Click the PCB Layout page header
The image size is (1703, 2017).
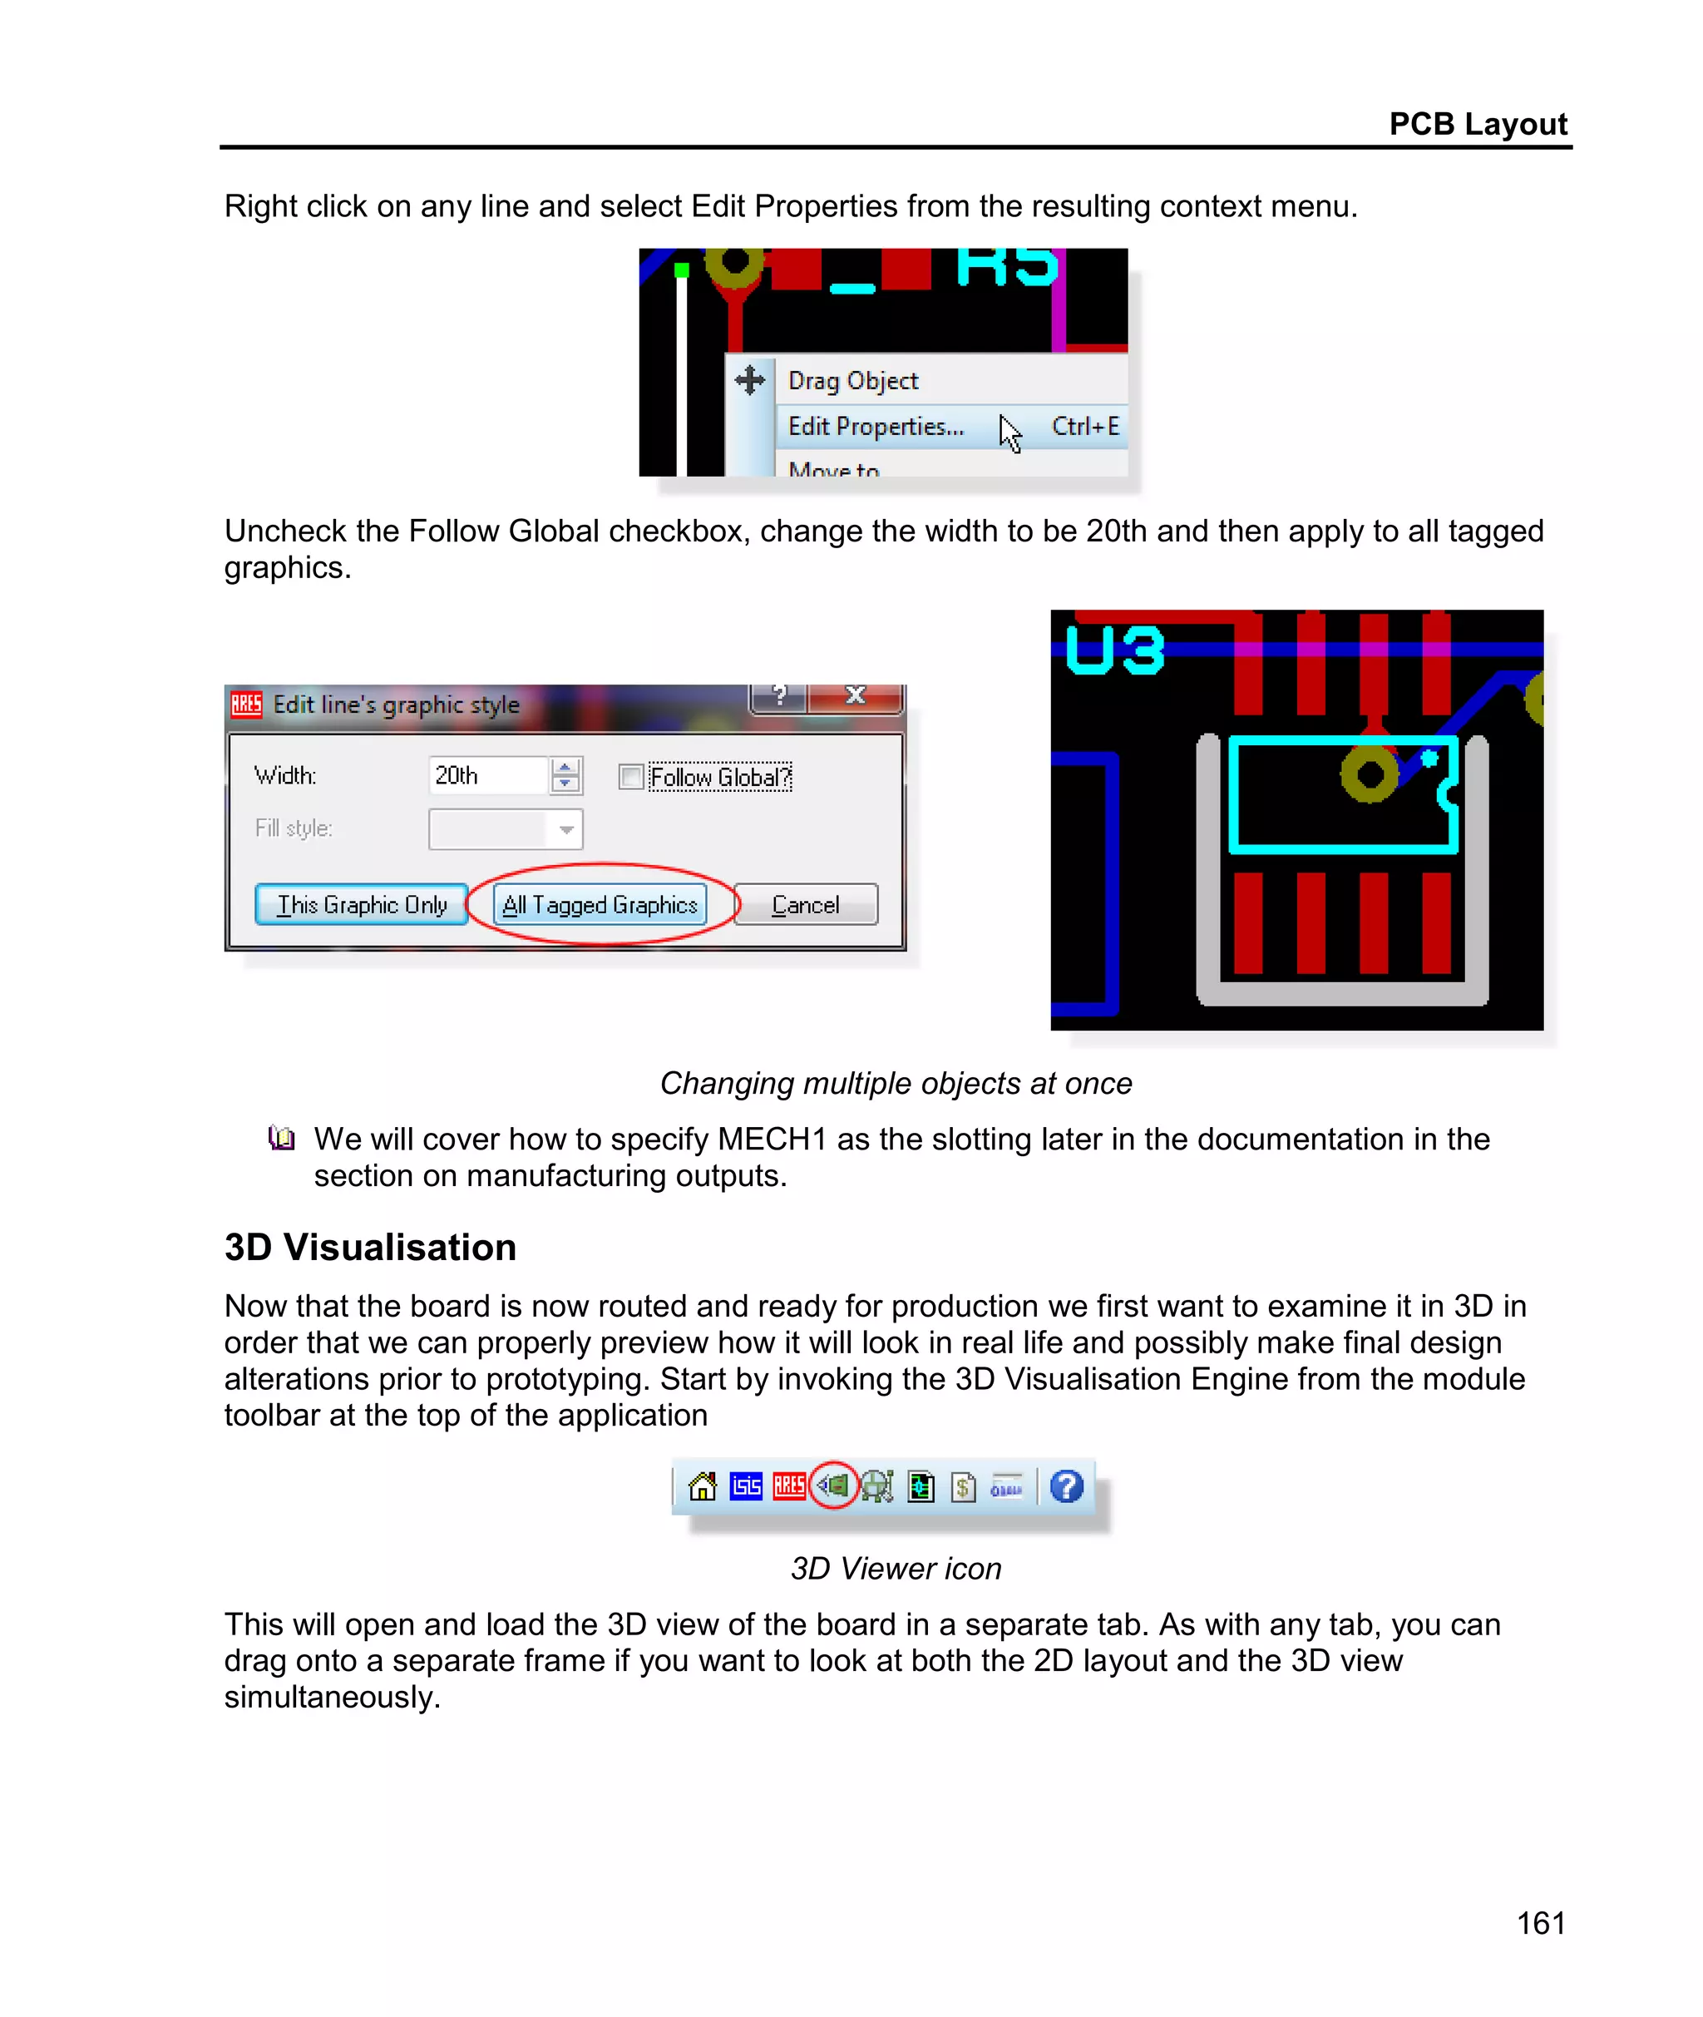[1476, 124]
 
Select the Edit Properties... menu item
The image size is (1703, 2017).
[876, 427]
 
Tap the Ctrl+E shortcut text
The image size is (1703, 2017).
[1085, 427]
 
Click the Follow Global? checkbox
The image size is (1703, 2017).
[631, 776]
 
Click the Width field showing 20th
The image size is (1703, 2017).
[486, 775]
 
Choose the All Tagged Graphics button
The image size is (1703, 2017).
[600, 905]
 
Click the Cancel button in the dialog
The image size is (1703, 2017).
[805, 905]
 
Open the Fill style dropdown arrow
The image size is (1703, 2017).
[565, 829]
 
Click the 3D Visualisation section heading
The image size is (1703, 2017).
[370, 1248]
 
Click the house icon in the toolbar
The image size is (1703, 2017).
[703, 1486]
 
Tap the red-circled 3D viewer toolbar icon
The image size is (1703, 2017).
[834, 1486]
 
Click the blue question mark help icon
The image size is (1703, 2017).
[1067, 1486]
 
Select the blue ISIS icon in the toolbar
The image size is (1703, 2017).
[746, 1486]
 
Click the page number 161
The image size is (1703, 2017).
[1540, 1922]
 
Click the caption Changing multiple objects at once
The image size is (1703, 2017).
[895, 1083]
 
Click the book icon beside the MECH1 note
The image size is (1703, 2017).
[281, 1139]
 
